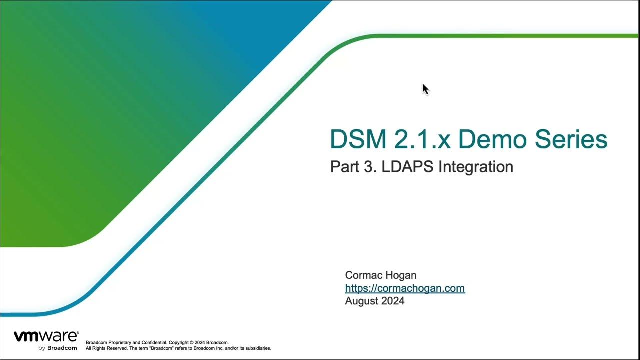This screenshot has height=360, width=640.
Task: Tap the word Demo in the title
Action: (493, 139)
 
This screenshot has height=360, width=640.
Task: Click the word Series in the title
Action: (571, 139)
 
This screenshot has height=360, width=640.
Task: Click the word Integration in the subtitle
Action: (476, 167)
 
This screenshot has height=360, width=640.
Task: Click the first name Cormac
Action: (362, 275)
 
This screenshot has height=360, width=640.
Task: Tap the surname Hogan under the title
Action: (399, 276)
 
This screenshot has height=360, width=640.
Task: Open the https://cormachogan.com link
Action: (405, 288)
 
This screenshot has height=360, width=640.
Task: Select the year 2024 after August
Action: (393, 301)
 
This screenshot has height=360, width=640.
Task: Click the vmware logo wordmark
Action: (46, 336)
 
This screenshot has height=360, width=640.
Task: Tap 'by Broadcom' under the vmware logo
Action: (57, 348)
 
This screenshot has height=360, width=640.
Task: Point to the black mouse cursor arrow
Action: (425, 89)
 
